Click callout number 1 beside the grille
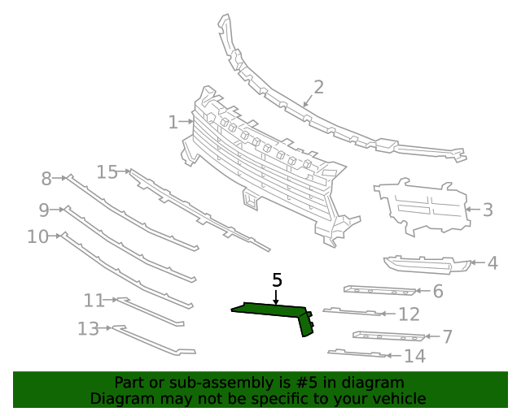click(x=173, y=123)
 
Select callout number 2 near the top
click(x=318, y=87)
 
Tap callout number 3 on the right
click(x=488, y=210)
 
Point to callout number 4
click(x=493, y=263)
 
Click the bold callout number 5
click(x=277, y=280)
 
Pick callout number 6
click(x=437, y=291)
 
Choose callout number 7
click(x=447, y=336)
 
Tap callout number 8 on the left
click(x=46, y=178)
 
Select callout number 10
click(x=37, y=236)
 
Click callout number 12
click(x=409, y=314)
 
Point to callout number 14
click(x=414, y=356)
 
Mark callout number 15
click(x=107, y=171)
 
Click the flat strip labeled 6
click(x=379, y=290)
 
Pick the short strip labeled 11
click(x=151, y=311)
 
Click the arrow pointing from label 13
click(x=105, y=328)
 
